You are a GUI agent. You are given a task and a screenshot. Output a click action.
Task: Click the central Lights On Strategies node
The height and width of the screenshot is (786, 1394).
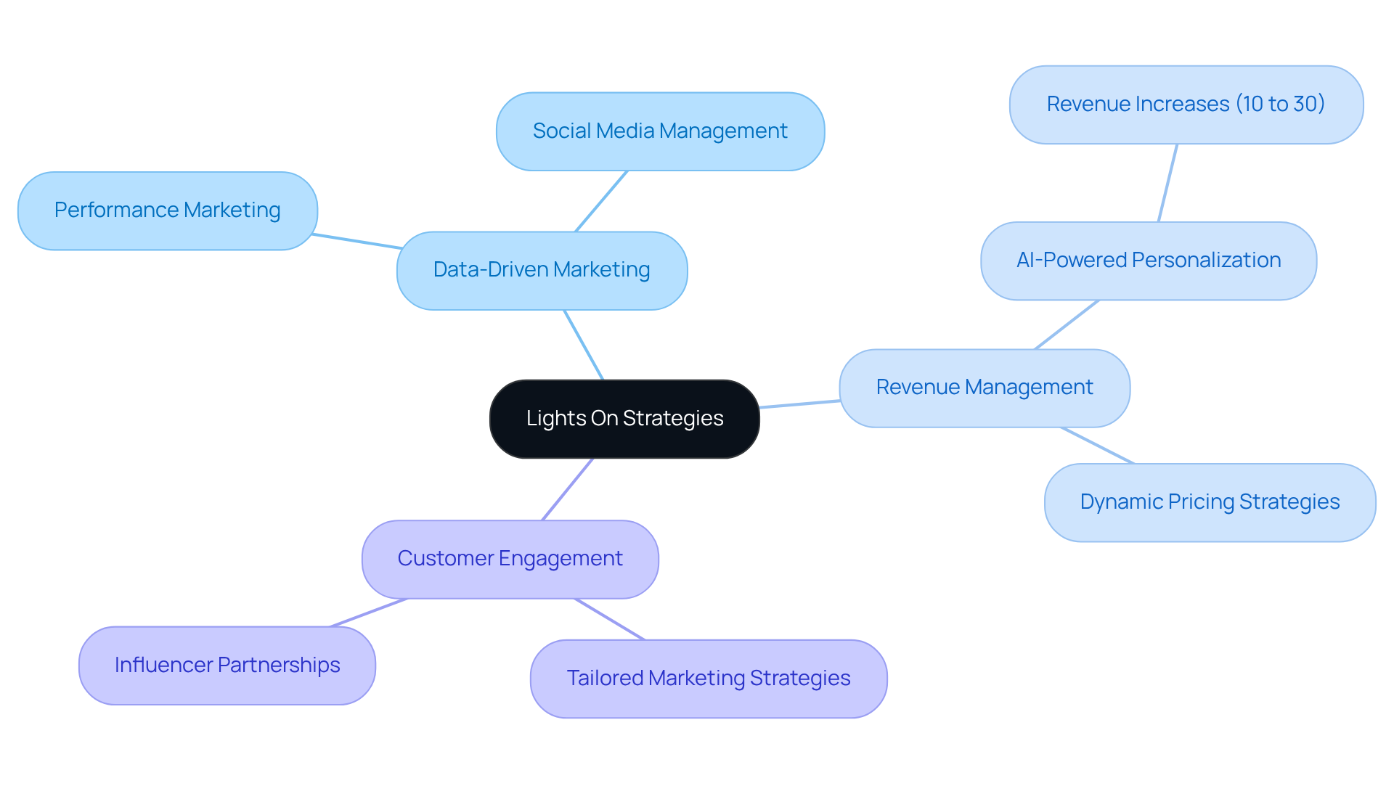coord(624,419)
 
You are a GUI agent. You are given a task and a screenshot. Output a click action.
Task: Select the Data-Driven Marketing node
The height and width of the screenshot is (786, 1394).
coord(542,270)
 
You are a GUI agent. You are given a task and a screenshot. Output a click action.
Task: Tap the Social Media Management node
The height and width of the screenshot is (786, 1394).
coord(660,131)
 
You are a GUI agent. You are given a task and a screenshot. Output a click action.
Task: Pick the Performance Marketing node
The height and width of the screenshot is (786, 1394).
coord(167,210)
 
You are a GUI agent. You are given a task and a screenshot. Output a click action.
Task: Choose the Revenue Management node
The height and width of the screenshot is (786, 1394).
coord(985,388)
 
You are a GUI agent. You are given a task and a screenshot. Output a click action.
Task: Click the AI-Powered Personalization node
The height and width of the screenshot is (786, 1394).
coord(1148,261)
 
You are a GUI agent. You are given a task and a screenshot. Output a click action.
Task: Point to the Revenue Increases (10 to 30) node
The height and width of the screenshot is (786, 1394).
coord(1186,105)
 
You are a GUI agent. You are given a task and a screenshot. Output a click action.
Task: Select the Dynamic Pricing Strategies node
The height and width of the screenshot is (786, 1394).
coord(1210,502)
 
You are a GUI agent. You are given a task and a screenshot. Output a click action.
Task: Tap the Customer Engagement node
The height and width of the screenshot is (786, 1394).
coord(510,559)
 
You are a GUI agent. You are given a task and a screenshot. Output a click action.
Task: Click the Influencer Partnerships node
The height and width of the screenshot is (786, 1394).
coord(227,666)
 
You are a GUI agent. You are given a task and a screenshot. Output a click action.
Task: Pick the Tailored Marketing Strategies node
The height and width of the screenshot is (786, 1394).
coord(708,679)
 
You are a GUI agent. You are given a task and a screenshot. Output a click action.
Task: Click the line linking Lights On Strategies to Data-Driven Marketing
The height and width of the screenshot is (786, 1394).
coord(584,345)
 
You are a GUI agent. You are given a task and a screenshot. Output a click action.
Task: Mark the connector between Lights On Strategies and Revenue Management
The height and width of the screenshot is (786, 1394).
coord(799,404)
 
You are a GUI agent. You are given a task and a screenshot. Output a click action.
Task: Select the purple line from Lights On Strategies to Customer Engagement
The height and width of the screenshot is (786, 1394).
coord(568,489)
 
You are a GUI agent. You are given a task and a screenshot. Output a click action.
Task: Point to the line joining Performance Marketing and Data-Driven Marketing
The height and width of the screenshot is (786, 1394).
coord(357,242)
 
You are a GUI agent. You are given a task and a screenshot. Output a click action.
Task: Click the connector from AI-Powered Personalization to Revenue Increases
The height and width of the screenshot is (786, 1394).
coord(1167,183)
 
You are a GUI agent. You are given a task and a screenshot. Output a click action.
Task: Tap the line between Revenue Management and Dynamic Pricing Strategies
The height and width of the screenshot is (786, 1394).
coord(1097,446)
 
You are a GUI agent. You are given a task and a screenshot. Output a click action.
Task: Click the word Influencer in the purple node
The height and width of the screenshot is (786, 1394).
coord(163,666)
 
